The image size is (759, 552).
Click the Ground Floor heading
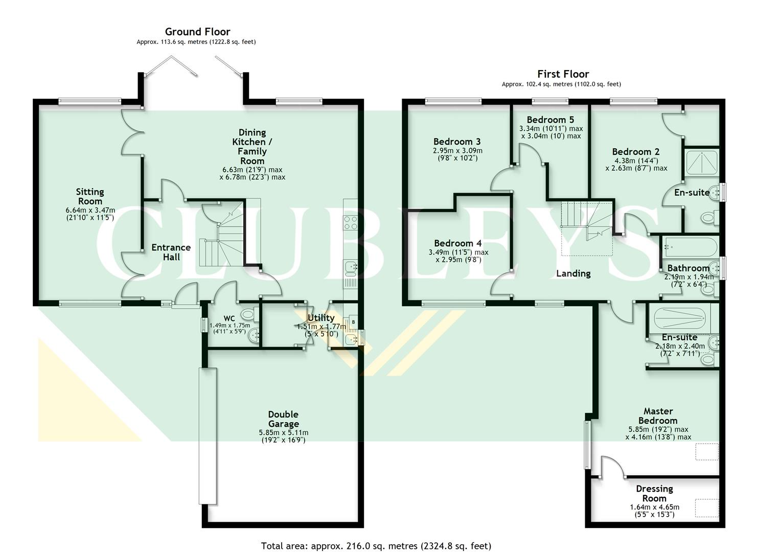197,32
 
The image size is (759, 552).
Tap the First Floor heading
563,74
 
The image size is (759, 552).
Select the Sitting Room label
90,196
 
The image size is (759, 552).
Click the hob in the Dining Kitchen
351,222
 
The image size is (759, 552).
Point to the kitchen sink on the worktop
350,267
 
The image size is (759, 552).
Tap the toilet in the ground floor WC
248,313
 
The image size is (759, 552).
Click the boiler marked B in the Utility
352,322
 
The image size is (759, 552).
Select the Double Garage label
283,419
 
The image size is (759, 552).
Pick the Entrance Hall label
171,252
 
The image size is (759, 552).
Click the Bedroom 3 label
457,142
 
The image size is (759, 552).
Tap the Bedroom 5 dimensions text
551,132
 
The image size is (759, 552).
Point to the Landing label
573,273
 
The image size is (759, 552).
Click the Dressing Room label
654,493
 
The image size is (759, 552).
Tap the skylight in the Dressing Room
706,508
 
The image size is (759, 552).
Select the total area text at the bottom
376,546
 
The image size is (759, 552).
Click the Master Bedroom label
658,416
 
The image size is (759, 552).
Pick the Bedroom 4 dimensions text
458,256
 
